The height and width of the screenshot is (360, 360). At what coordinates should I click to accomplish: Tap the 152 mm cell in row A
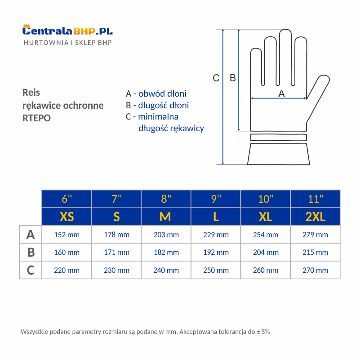(67, 235)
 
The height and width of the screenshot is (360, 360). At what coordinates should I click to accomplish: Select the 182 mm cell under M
(166, 252)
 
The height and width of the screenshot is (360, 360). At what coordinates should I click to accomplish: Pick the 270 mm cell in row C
(315, 270)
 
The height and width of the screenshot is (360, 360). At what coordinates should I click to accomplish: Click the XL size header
(266, 217)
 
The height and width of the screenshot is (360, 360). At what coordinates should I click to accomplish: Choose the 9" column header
(216, 199)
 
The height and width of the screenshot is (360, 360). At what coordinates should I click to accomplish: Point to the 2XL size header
(315, 217)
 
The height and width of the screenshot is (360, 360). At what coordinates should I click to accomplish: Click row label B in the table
(31, 252)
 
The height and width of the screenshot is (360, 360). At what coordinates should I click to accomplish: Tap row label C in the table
(31, 270)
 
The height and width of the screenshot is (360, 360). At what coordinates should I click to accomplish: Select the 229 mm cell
(216, 235)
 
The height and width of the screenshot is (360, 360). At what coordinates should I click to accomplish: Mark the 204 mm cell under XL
(266, 252)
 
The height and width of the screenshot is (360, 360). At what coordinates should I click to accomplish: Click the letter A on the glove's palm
(282, 93)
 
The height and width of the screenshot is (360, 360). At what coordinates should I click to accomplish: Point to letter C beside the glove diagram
(216, 78)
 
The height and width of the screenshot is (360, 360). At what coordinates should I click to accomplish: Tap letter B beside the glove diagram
(233, 78)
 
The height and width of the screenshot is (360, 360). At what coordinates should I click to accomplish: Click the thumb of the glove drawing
(319, 92)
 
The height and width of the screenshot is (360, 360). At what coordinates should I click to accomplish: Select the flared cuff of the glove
(279, 154)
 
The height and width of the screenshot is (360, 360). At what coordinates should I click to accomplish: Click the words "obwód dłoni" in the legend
(162, 93)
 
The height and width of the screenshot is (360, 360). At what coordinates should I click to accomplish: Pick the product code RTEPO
(36, 118)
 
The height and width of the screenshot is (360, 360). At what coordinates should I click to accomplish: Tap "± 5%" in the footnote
(263, 332)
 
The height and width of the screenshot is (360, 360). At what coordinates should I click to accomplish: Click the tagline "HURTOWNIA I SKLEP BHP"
(68, 43)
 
